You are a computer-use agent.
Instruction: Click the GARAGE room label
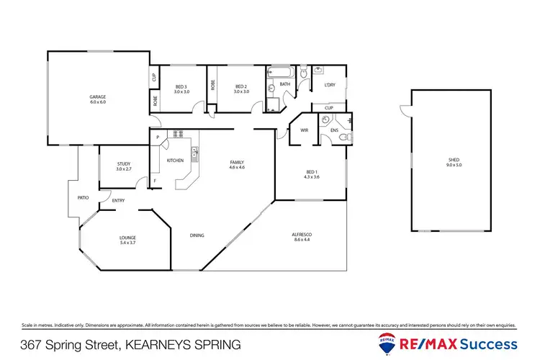[x=97, y=99]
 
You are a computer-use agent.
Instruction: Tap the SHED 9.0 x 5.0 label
[x=453, y=162]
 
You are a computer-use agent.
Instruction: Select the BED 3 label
[x=181, y=89]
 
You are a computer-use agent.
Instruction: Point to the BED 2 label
[x=240, y=89]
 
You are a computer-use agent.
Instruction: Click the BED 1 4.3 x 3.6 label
[x=311, y=174]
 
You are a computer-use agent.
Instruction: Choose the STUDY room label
[x=123, y=166]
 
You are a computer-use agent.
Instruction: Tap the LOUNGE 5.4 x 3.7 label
[x=127, y=240]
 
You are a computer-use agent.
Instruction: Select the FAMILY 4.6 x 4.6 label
[x=237, y=165]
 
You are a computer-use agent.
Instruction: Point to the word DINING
[x=197, y=235]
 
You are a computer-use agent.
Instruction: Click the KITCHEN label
[x=175, y=160]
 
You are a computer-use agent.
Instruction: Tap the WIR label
[x=304, y=130]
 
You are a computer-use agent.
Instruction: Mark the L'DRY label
[x=330, y=85]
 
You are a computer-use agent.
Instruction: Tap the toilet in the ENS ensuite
[x=346, y=136]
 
